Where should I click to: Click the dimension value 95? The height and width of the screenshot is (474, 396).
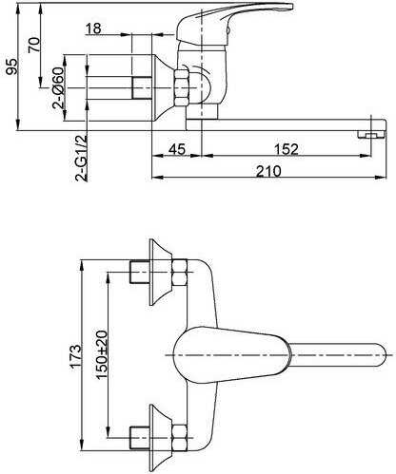click(x=12, y=66)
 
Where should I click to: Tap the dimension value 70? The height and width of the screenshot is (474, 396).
click(x=34, y=45)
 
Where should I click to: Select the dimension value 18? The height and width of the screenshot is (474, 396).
click(x=93, y=28)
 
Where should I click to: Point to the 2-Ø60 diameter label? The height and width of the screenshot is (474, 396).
click(x=59, y=87)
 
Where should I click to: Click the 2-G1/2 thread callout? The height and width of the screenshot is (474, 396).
click(x=81, y=158)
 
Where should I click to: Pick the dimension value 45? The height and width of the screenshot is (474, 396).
click(x=177, y=149)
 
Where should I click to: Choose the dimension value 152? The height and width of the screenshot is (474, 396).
click(x=287, y=149)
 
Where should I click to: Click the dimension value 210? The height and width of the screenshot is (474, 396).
click(x=268, y=171)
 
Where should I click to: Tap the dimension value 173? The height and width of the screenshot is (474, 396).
click(x=76, y=356)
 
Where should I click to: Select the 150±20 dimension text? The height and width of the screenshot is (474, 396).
click(x=102, y=354)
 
